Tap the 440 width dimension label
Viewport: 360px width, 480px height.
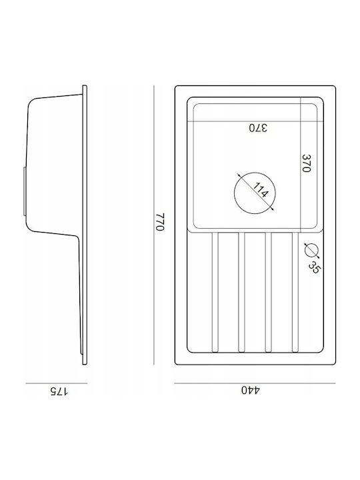click(251, 390)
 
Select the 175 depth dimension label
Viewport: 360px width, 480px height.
click(59, 391)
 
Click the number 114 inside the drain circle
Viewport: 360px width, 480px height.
click(261, 190)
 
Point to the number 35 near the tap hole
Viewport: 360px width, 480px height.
click(315, 267)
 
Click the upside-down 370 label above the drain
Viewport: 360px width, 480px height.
click(258, 127)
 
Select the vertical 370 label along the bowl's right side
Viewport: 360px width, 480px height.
click(307, 163)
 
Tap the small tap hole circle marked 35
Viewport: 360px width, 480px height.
click(311, 250)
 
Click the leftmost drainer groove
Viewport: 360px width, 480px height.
click(215, 293)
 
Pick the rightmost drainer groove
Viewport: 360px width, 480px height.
click(295, 293)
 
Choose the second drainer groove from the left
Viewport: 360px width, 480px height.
click(241, 293)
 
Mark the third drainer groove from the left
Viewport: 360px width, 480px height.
click(268, 293)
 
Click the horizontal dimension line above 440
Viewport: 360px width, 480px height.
click(255, 383)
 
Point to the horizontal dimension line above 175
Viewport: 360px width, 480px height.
click(57, 383)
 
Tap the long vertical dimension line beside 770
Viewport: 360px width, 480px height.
click(154, 225)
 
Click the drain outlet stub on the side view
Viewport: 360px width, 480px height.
click(25, 191)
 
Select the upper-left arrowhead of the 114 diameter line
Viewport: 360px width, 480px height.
click(238, 175)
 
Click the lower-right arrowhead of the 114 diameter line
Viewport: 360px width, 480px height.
click(272, 209)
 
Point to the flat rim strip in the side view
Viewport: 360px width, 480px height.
click(85, 225)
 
